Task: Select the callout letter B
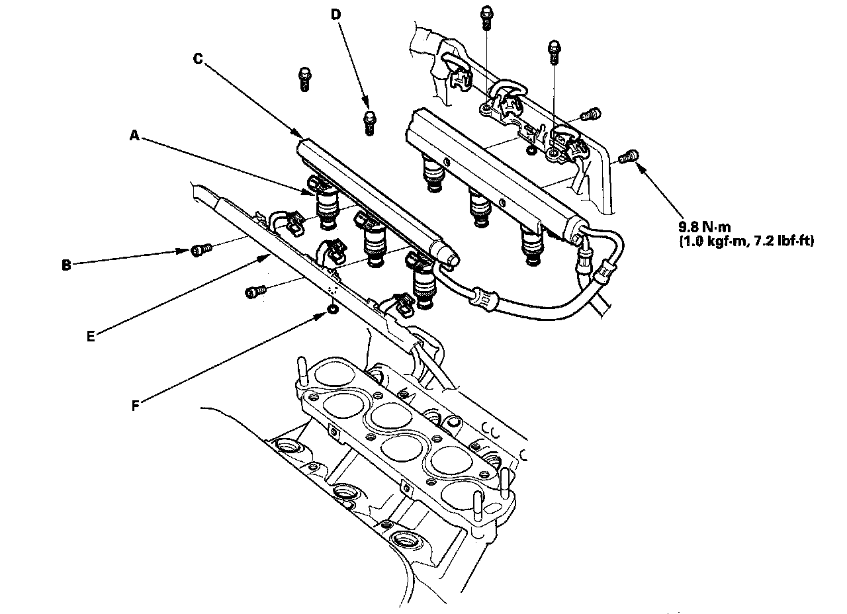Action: point(66,265)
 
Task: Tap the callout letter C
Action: point(197,58)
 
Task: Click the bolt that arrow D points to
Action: point(369,123)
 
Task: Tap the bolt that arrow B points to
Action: point(201,249)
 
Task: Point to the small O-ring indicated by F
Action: point(332,309)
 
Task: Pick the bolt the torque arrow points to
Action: point(629,157)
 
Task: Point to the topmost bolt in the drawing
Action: point(487,18)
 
